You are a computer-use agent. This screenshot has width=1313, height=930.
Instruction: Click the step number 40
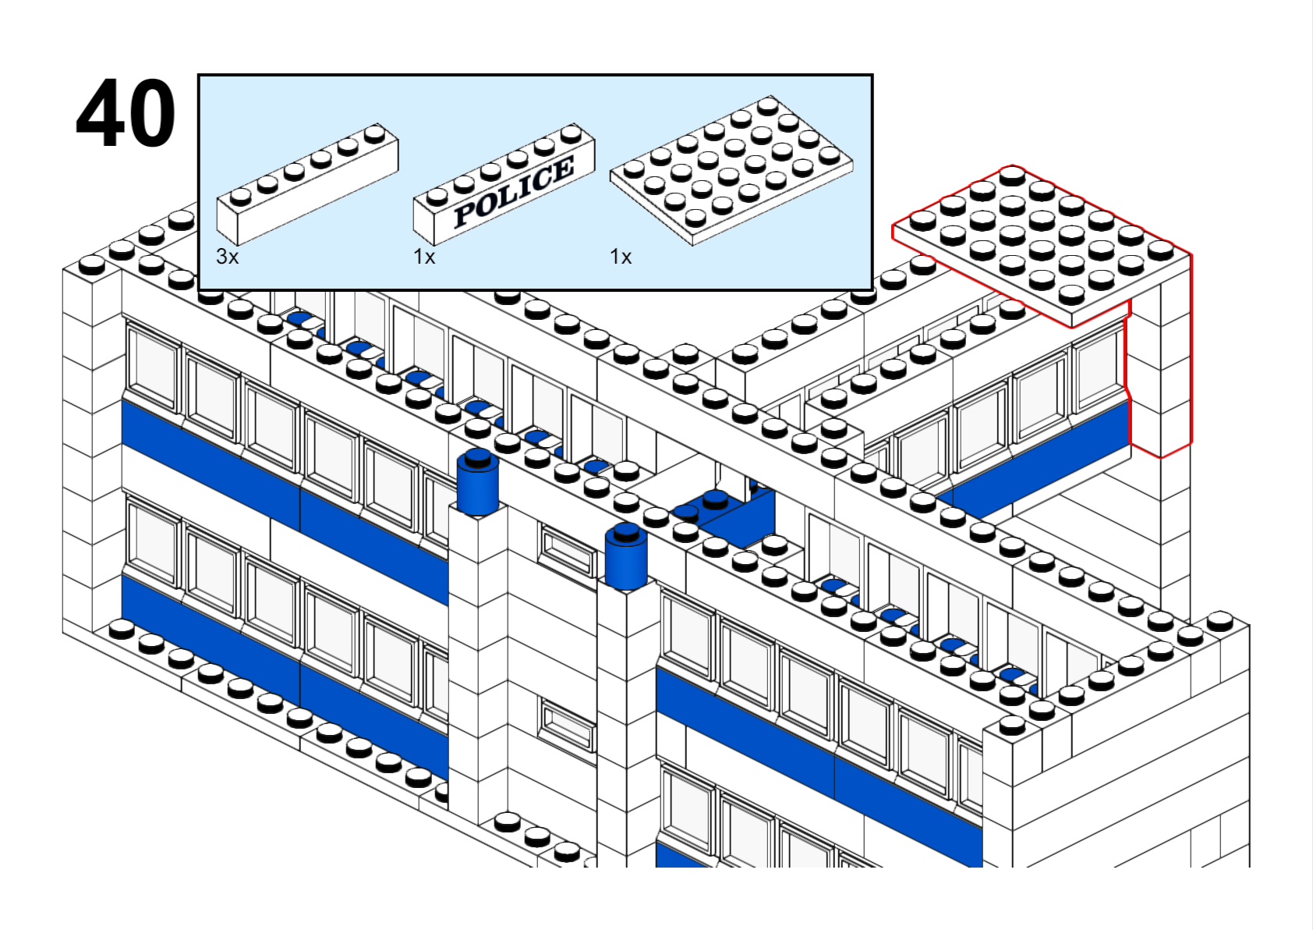[126, 114]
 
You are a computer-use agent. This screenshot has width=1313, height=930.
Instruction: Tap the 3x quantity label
[227, 256]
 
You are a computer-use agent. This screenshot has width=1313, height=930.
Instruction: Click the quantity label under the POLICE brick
[423, 256]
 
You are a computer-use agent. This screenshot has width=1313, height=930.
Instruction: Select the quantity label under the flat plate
[620, 256]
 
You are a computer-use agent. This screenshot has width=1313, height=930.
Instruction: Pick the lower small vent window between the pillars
[568, 726]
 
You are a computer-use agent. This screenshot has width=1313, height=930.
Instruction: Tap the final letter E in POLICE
[562, 167]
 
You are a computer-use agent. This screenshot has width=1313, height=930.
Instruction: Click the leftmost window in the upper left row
[153, 366]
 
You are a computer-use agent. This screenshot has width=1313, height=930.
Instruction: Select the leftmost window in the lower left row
[153, 541]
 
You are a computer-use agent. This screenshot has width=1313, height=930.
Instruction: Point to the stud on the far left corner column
[92, 265]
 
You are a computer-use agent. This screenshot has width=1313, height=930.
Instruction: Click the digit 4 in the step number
[101, 114]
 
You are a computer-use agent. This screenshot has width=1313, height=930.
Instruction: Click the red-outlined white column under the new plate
[1159, 374]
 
